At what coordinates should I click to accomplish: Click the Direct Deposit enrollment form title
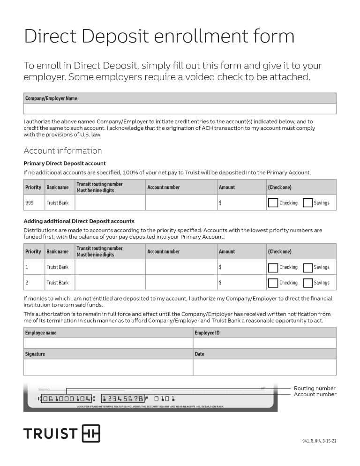[159, 37]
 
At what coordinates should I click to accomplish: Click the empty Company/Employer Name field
[180, 109]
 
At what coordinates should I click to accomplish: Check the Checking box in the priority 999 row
[273, 203]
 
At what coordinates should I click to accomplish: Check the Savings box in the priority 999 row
[307, 203]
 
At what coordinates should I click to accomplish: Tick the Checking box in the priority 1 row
[273, 267]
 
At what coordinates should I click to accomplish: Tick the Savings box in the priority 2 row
[307, 283]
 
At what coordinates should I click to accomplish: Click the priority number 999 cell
[34, 203]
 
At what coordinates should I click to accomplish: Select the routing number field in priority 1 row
[110, 267]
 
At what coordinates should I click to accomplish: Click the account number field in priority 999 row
[181, 203]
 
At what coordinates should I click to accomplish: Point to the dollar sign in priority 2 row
[220, 283]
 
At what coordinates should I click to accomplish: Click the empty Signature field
[108, 367]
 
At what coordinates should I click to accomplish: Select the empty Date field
[264, 367]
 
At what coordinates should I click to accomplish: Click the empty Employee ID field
[264, 343]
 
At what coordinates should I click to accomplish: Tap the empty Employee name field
[108, 343]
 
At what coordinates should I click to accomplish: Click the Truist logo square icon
[91, 434]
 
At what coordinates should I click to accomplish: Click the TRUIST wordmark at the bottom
[51, 434]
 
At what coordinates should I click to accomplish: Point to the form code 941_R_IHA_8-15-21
[319, 441]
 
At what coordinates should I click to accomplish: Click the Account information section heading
[63, 150]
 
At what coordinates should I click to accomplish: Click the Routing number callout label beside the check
[315, 388]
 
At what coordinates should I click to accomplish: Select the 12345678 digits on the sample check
[123, 399]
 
